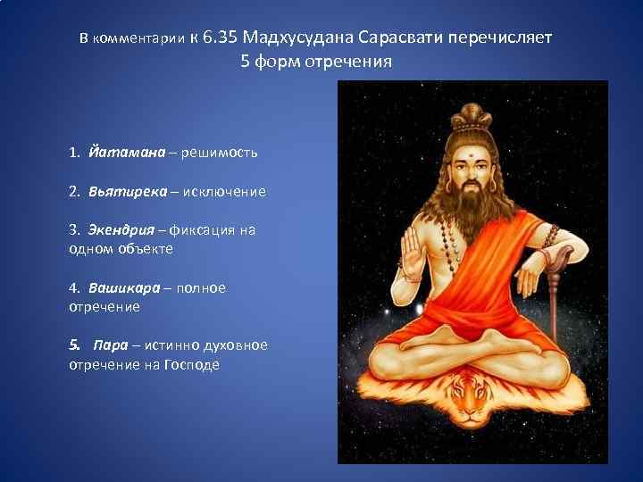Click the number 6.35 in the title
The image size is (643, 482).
[x=220, y=38]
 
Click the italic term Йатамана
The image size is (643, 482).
[x=127, y=152]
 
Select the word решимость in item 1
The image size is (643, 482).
[x=219, y=152]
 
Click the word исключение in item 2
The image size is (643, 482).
[x=224, y=191]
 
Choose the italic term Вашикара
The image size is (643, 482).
[x=124, y=288]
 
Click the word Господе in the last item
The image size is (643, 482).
[x=191, y=364]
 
